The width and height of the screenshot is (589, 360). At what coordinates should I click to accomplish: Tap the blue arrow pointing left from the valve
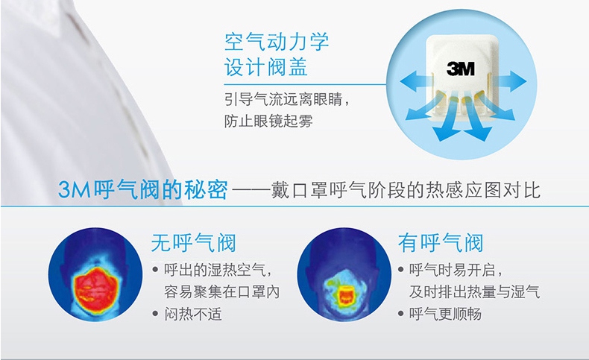[415, 80]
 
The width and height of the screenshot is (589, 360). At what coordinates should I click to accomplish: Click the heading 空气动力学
[277, 41]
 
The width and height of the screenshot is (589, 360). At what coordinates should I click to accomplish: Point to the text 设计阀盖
[266, 69]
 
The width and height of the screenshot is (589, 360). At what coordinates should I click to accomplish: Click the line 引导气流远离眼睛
[287, 98]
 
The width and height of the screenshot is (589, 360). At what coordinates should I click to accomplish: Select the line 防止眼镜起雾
[268, 120]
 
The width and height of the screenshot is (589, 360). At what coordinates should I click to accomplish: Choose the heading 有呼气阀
[441, 243]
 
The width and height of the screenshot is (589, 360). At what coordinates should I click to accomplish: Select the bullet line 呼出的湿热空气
[212, 269]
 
